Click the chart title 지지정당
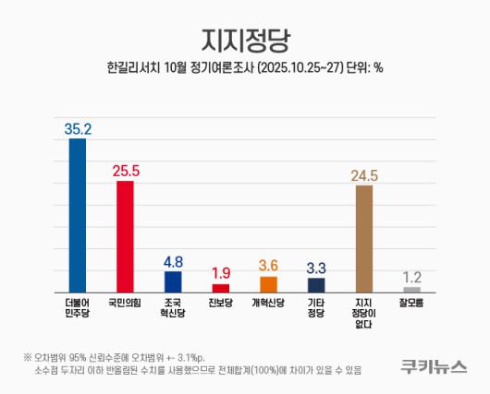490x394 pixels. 245,38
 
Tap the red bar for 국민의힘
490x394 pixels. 125,236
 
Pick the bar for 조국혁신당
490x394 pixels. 173,281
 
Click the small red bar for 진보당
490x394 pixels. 220,288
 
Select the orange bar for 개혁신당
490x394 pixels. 268,284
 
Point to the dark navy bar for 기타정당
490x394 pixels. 316,285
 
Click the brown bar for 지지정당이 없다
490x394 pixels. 364,238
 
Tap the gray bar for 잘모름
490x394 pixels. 411,290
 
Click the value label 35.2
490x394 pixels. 77,129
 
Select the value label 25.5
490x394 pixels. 125,171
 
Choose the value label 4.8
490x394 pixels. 173,261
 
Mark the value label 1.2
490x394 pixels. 411,277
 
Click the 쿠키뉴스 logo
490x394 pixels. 433,366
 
